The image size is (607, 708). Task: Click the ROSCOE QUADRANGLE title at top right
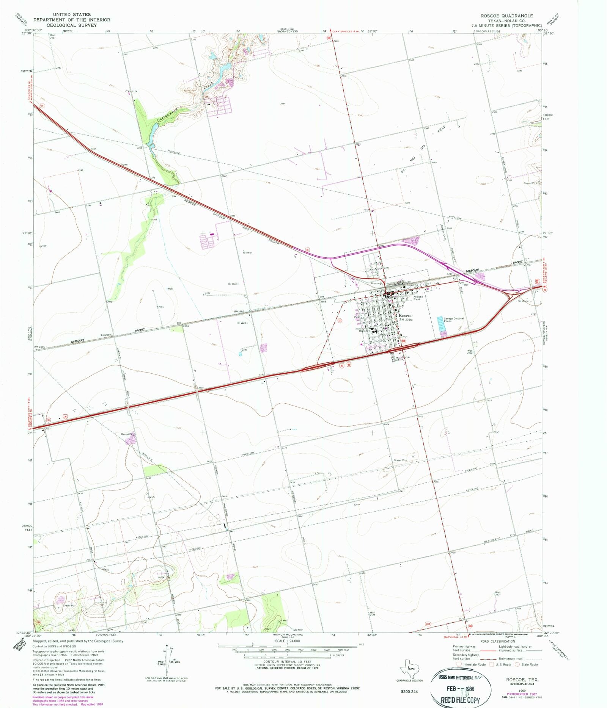coord(506,16)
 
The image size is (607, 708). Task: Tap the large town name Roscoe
coord(405,316)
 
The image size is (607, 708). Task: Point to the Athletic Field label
coord(418,298)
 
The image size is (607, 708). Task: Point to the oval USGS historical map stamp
coord(461,688)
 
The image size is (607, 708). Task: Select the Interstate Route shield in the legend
coord(459,664)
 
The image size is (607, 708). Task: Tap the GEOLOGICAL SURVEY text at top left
coord(72,25)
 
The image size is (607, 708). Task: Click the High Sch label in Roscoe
coord(365,331)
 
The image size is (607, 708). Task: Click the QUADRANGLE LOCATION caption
coord(409,680)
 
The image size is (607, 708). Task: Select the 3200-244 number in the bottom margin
coord(409,691)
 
